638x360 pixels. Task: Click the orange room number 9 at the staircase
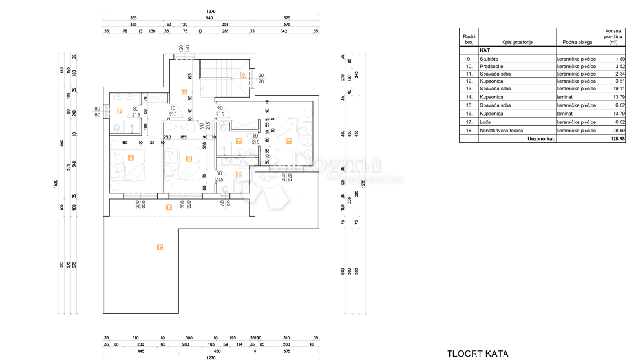point(242,75)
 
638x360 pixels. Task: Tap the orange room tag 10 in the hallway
point(184,92)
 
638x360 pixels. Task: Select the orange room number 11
point(131,157)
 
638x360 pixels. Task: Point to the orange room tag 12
point(120,111)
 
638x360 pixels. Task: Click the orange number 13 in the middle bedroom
point(189,158)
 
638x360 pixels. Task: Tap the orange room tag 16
point(238,142)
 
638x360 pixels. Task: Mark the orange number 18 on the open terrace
point(160,247)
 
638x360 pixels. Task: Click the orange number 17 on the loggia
point(169,207)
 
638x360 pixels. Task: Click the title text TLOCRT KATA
point(477,354)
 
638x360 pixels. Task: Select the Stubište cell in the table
point(489,58)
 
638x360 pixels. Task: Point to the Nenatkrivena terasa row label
point(502,131)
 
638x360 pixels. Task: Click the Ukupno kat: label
point(541,138)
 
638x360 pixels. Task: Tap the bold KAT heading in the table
point(485,50)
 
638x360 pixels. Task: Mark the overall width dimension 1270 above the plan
point(210,12)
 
